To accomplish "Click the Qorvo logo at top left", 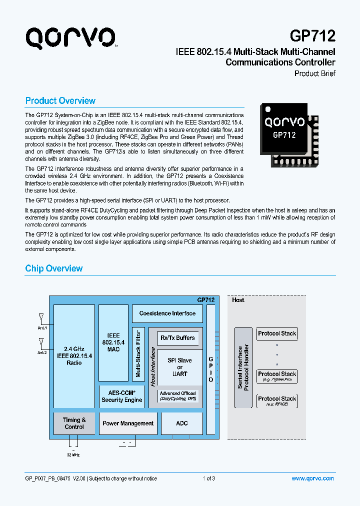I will point(71,38).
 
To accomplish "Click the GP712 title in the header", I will point(312,35).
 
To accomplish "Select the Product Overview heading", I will point(60,100).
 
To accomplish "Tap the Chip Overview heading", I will point(54,268).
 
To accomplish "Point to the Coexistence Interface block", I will point(167,313).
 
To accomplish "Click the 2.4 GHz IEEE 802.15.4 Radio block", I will point(74,355).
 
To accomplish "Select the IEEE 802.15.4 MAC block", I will point(113,342).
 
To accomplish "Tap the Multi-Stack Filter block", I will point(138,353).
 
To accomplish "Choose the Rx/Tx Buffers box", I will point(178,338).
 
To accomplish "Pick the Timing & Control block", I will point(74,423).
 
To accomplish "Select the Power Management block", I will point(128,423).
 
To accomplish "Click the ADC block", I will point(182,423).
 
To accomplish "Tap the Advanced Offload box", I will point(177,396).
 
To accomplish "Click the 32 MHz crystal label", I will point(73,455).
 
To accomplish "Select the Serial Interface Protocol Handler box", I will point(243,367).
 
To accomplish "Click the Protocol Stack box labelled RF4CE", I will point(277,400).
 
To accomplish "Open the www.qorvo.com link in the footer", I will point(312,478).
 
